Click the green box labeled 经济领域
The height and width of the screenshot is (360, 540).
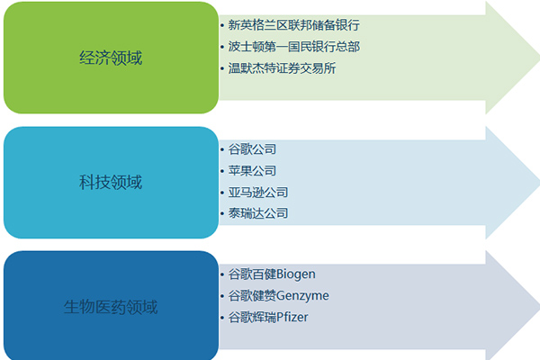coord(111,58)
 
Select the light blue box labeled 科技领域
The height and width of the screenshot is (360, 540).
coord(111,182)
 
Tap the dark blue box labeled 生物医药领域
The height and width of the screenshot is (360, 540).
coord(111,306)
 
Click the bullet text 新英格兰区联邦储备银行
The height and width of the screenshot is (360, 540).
coord(293,25)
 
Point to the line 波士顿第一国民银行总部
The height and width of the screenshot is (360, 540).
coord(293,47)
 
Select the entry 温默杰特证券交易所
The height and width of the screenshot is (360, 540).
coord(282,67)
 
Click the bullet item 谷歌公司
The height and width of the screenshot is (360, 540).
coord(252,149)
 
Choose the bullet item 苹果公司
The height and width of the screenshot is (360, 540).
coord(252,170)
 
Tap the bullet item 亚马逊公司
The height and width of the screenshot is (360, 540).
coord(258,192)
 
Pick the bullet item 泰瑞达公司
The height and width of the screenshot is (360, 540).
coord(258,213)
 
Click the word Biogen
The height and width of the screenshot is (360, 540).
coord(296,274)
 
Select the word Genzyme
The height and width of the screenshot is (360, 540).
coord(302,295)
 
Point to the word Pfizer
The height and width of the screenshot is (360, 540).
coord(292,317)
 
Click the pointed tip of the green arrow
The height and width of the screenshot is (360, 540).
coord(538,58)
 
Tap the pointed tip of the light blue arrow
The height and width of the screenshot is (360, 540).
coord(538,183)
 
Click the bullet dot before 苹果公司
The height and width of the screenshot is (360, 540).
coord(222,171)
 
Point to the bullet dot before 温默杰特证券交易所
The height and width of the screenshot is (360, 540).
coord(222,68)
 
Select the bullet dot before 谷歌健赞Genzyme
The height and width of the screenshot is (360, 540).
coord(222,296)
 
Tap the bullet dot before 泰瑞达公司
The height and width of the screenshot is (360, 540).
coord(222,214)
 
